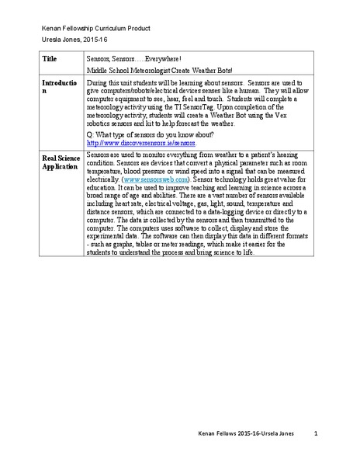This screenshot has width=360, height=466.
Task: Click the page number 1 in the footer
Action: pyautogui.click(x=316, y=432)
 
